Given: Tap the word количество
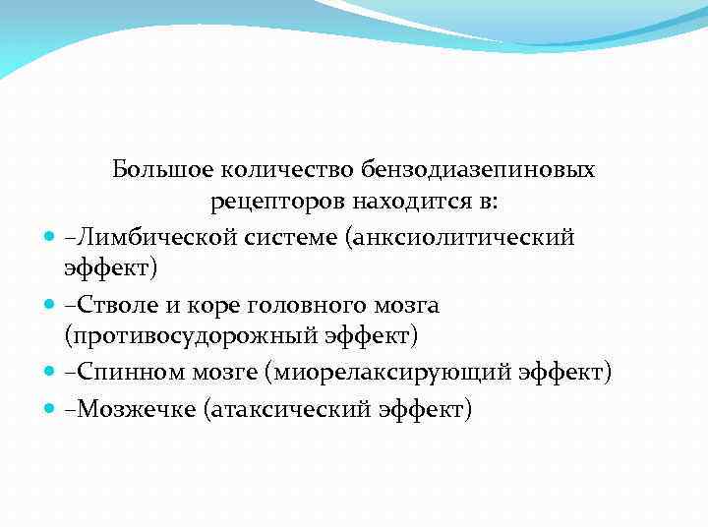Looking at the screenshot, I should point(267,169).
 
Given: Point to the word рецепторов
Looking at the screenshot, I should point(267,203).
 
